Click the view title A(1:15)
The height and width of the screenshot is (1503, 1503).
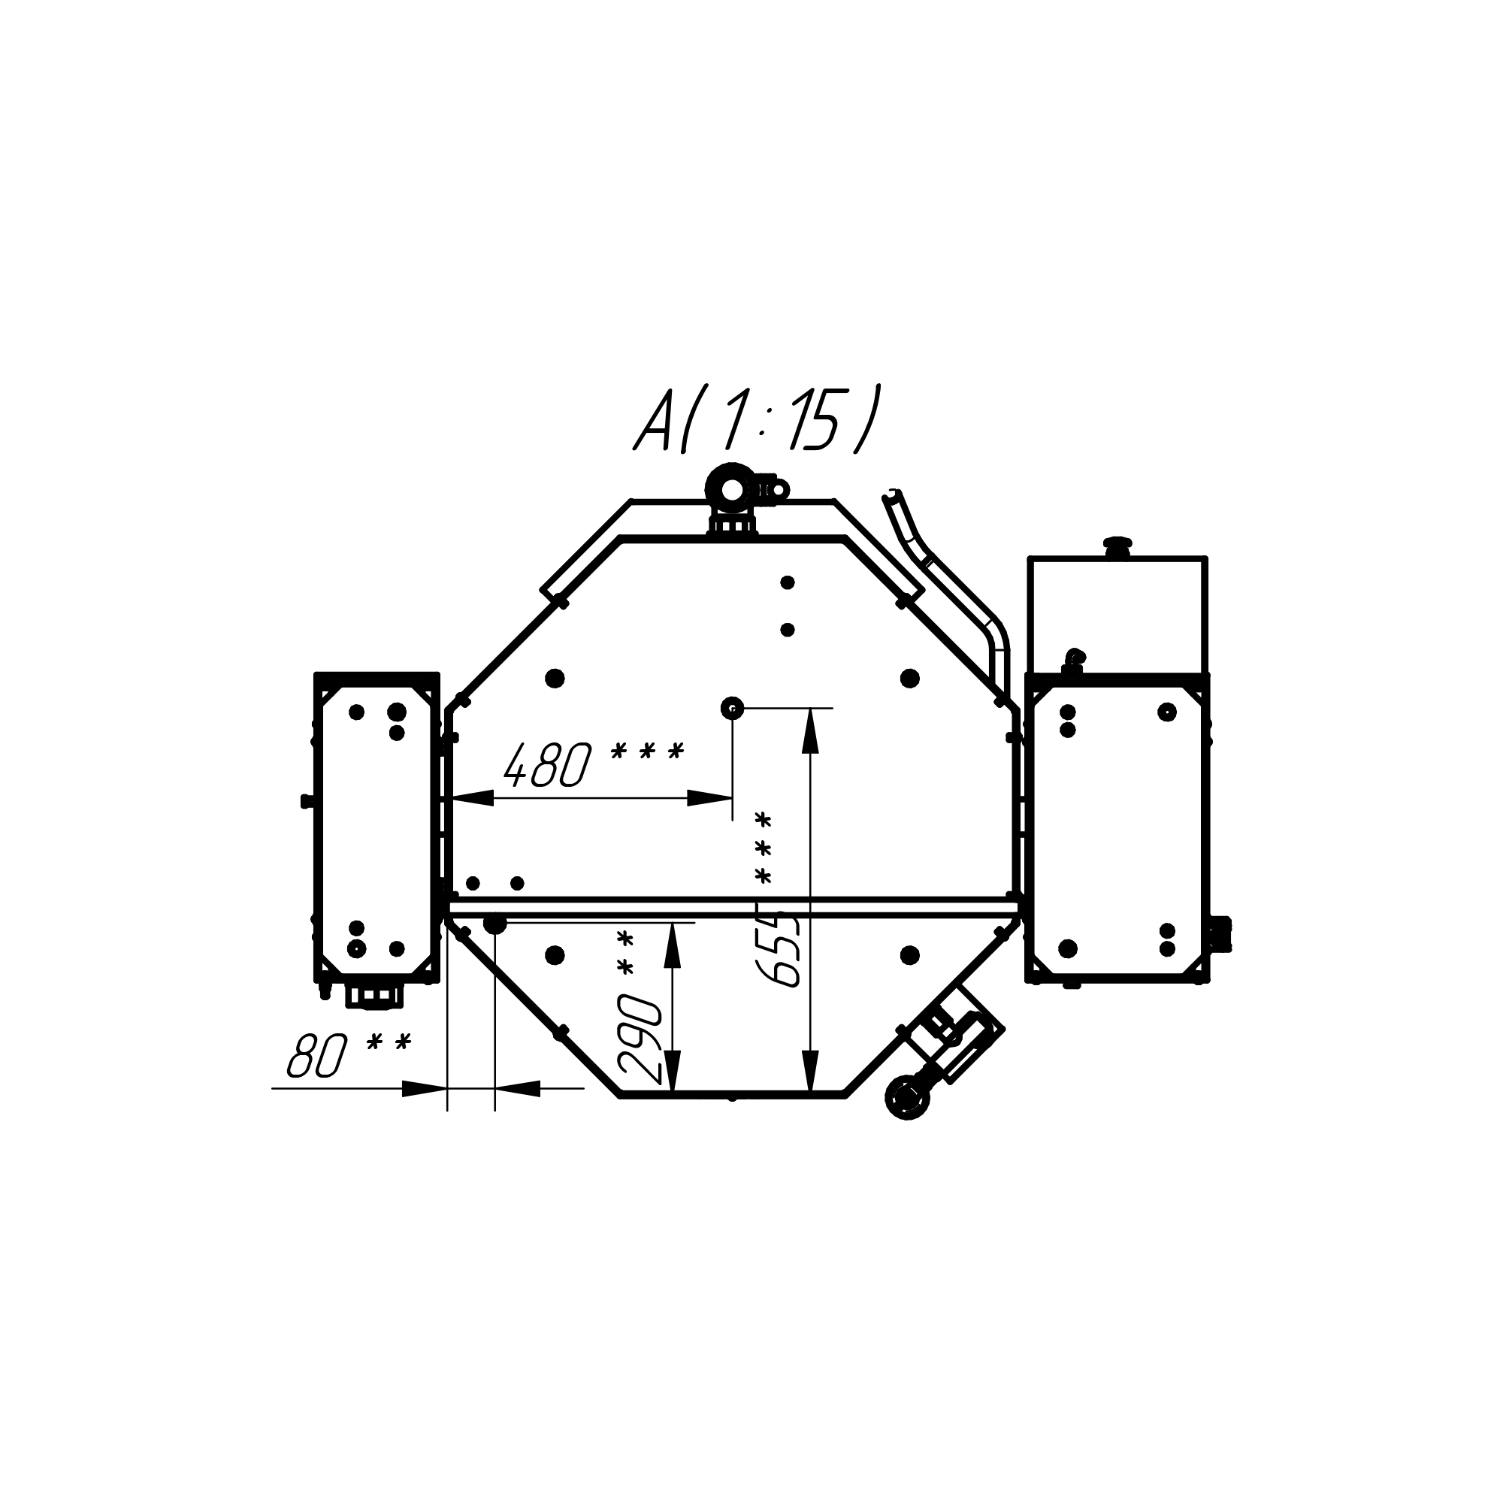(758, 419)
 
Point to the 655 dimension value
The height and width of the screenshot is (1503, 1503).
(778, 949)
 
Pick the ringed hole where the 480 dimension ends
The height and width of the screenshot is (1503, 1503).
(732, 708)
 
